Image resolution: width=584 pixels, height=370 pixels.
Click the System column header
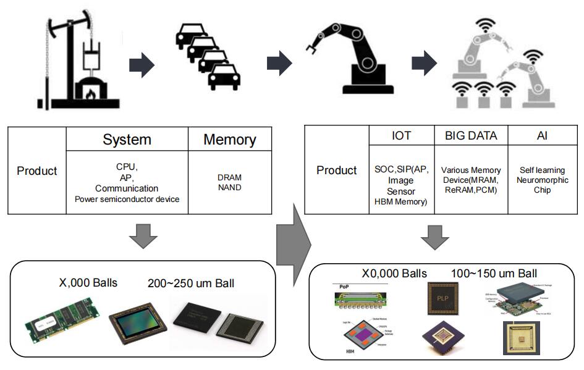[126, 140]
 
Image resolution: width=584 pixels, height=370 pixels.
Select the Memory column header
[230, 140]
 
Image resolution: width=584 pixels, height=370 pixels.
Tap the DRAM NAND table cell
[230, 182]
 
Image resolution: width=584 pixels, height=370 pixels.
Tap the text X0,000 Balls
[394, 273]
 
